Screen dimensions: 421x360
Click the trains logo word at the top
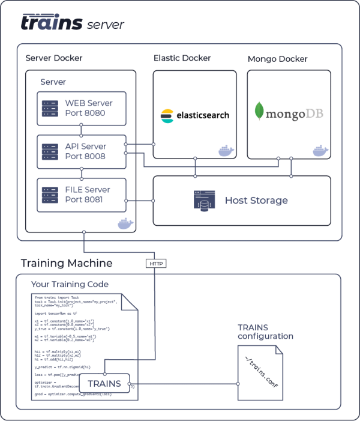click(52, 22)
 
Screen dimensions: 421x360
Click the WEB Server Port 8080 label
click(89, 108)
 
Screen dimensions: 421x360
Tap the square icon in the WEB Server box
click(50, 109)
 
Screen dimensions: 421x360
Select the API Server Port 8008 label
click(85, 151)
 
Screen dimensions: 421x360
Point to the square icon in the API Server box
click(50, 152)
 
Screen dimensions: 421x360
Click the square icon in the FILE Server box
click(50, 195)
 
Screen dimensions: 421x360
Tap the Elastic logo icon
click(167, 116)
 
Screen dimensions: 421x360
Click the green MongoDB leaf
click(259, 111)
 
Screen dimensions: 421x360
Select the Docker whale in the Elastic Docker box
click(226, 151)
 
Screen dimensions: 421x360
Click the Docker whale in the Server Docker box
click(125, 224)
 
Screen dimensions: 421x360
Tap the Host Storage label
click(256, 201)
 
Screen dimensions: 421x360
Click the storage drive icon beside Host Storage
click(205, 201)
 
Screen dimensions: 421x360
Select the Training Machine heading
click(66, 264)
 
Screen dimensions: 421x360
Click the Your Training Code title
click(70, 284)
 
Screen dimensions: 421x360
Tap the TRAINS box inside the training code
click(104, 383)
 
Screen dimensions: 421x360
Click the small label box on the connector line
click(155, 264)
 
